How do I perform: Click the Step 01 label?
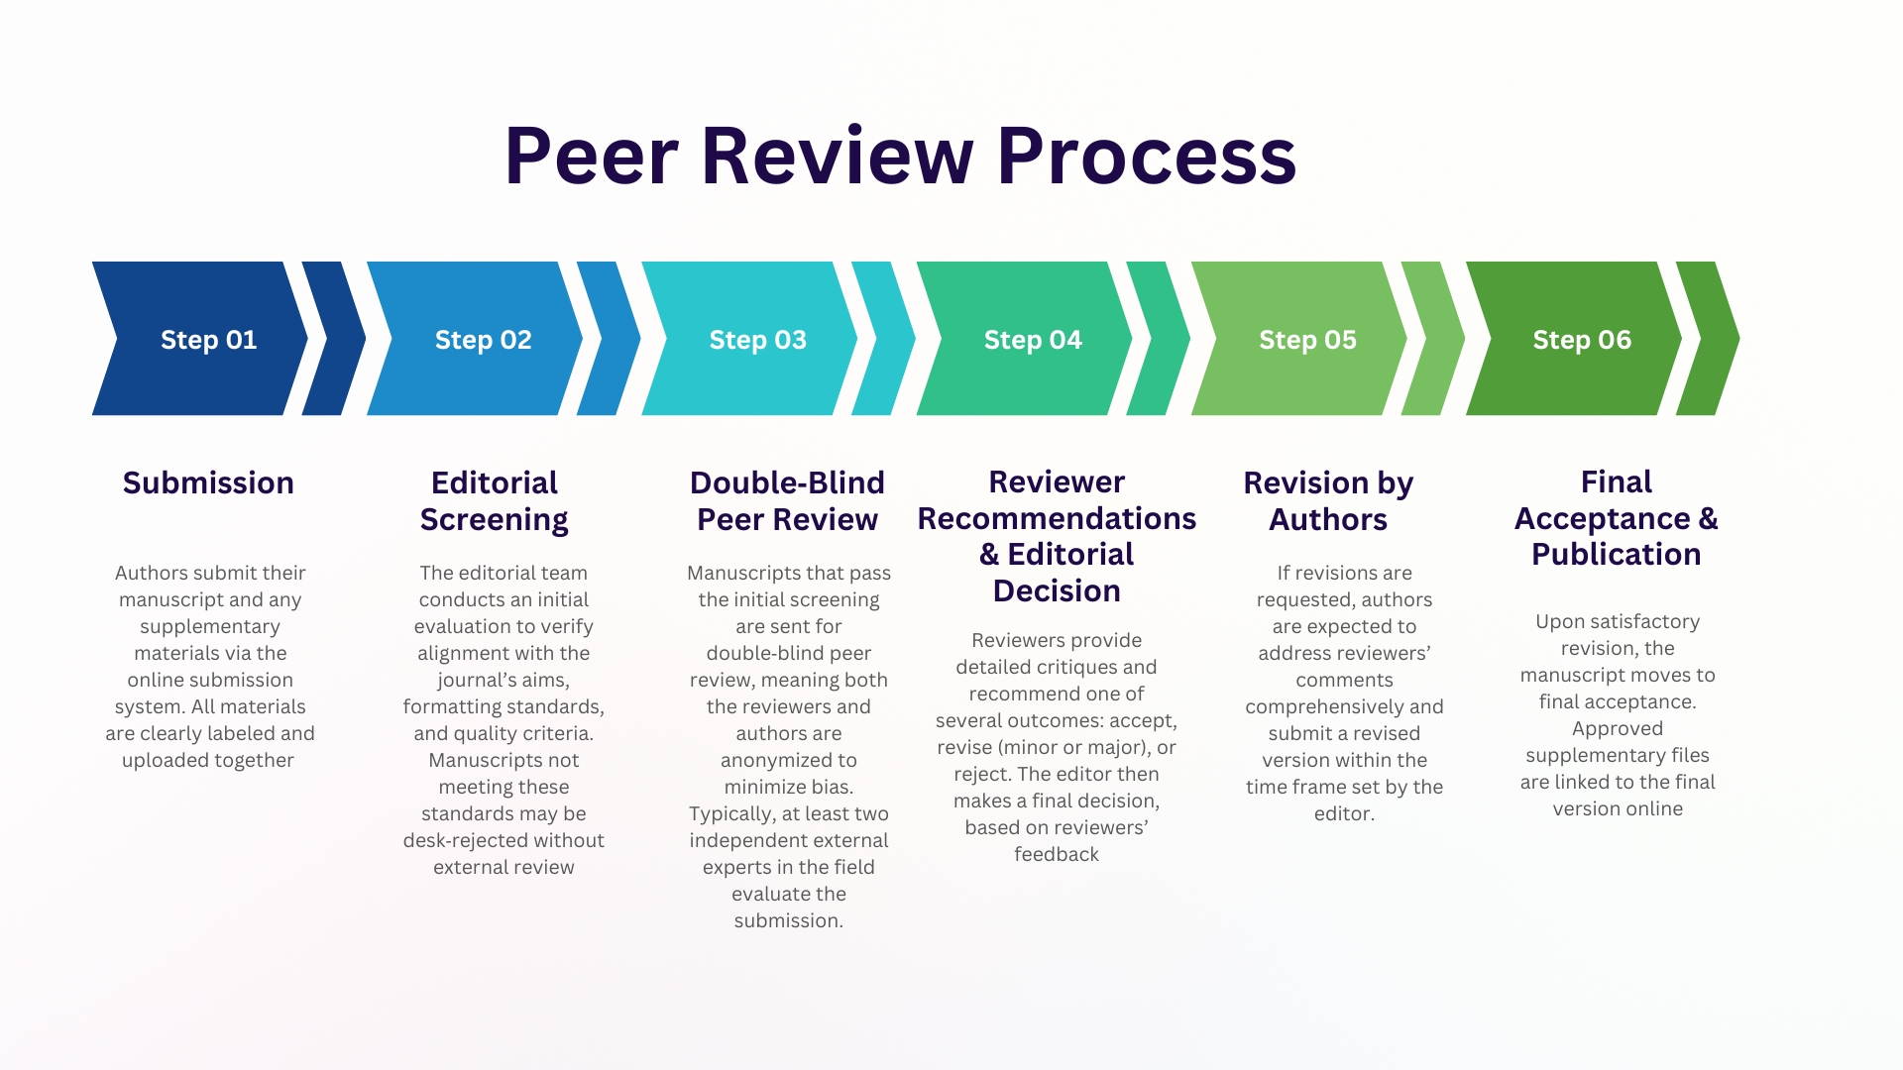[208, 340]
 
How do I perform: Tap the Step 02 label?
[484, 340]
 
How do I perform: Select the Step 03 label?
[758, 340]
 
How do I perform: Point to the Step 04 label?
[1033, 340]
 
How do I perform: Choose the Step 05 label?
[1307, 340]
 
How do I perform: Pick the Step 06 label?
[1582, 340]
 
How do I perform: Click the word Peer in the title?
[592, 156]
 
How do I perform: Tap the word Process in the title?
[1147, 156]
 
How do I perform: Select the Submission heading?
[208, 482]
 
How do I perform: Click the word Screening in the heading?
[494, 520]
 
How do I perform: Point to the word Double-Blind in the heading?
[787, 482]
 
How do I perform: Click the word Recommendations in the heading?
[1057, 518]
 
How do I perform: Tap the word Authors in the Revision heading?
[1328, 519]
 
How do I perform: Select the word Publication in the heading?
[1617, 554]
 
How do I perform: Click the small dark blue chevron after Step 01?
[334, 338]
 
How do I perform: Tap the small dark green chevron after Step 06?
[1708, 338]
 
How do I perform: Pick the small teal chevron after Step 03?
[883, 338]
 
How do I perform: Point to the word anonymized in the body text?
[789, 761]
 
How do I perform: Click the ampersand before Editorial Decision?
[989, 555]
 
